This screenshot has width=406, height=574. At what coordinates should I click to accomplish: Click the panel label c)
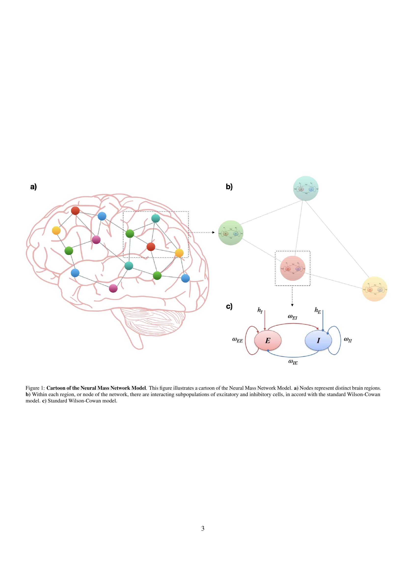coord(229,307)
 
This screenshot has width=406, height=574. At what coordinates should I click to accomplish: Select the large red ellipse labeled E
coord(268,341)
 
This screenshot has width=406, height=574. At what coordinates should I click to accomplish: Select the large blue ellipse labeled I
coord(318,341)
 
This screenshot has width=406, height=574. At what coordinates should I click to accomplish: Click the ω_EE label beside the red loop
coord(237,340)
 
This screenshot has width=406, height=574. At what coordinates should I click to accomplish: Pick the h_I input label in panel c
coord(260,310)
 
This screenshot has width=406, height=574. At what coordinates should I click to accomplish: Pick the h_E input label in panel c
coord(317,310)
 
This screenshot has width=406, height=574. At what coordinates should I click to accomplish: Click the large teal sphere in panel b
coord(306,188)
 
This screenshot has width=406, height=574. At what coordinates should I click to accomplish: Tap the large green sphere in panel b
coord(230,233)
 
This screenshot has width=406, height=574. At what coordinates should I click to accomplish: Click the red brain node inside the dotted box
coord(151,246)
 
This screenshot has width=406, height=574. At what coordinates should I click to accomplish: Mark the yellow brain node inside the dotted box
coord(179,253)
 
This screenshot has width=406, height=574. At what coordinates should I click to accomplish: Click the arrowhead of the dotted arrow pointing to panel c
coord(292,305)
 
